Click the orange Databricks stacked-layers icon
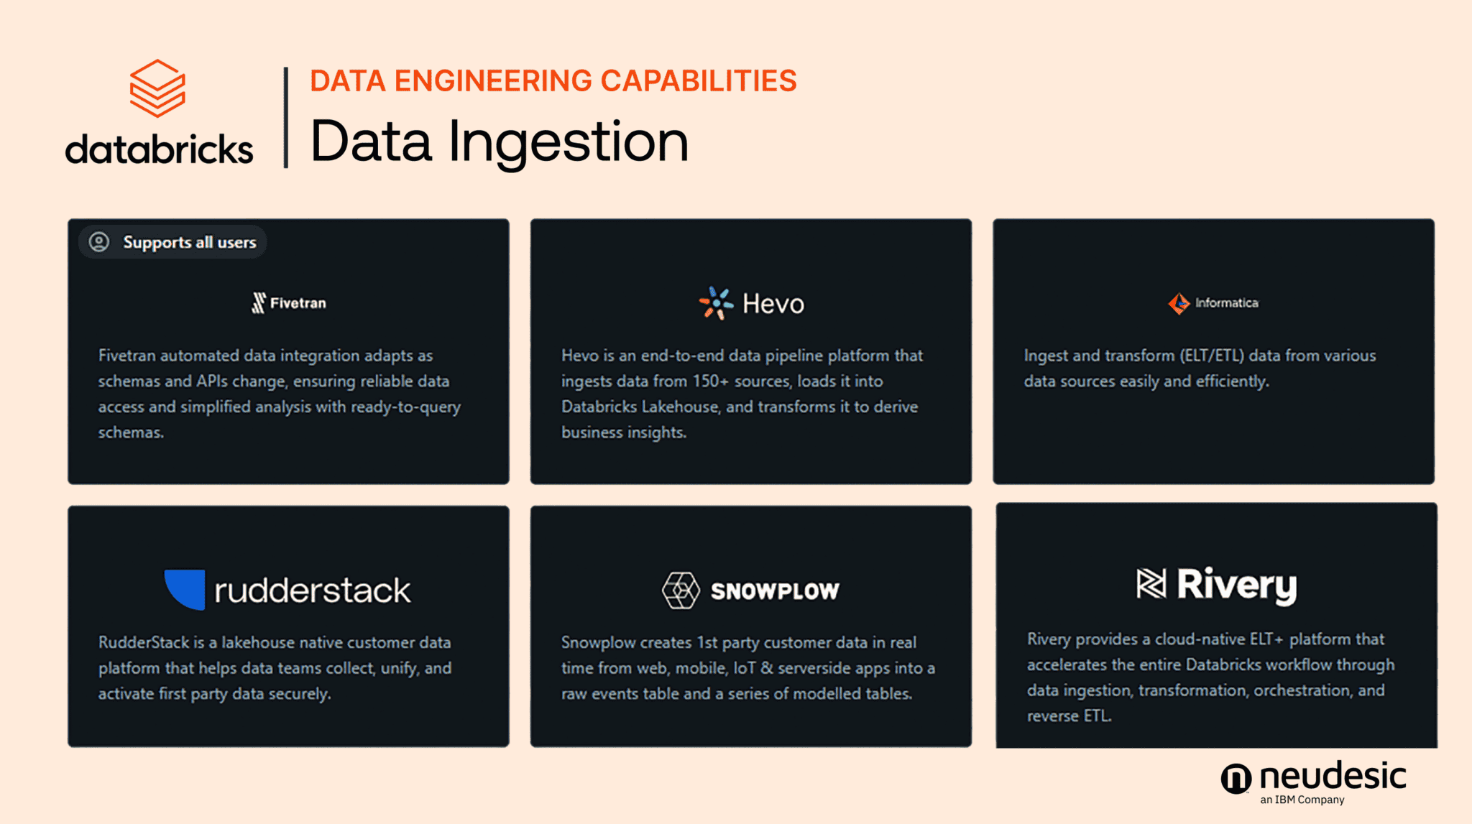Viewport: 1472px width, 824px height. (157, 88)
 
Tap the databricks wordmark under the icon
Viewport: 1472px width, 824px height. (159, 149)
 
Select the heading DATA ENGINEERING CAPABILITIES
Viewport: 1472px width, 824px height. (553, 81)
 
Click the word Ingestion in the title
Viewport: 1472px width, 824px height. (569, 142)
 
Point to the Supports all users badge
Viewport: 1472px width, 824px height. (172, 242)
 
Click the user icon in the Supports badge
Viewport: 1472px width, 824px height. (99, 242)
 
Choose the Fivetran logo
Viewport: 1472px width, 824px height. (289, 303)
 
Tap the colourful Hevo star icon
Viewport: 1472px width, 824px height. (716, 303)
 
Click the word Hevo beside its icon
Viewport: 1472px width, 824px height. (773, 304)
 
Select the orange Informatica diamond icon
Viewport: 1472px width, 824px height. (1179, 303)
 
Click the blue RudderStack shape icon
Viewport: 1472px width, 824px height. (185, 589)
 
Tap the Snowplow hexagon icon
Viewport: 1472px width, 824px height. (680, 591)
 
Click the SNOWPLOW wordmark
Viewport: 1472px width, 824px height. (775, 591)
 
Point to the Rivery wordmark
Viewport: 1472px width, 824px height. (1236, 585)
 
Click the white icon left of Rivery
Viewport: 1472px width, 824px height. (1151, 583)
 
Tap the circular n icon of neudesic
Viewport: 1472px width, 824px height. (1236, 779)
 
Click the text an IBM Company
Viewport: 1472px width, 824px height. (1302, 800)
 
